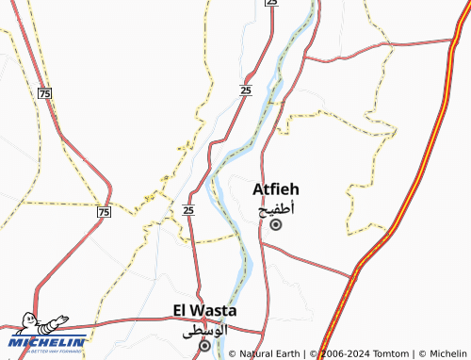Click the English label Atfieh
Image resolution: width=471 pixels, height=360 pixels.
[x=276, y=189]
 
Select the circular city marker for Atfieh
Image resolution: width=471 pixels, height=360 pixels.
[x=276, y=225]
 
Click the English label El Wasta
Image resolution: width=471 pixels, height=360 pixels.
[x=204, y=310]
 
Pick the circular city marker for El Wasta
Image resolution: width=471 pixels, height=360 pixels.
[x=204, y=346]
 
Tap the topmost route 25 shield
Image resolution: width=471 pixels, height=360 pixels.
[x=271, y=3]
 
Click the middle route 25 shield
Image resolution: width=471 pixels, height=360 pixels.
[x=245, y=90]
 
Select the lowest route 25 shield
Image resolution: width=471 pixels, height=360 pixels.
[x=188, y=210]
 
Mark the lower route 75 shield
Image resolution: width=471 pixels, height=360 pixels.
[x=103, y=213]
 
